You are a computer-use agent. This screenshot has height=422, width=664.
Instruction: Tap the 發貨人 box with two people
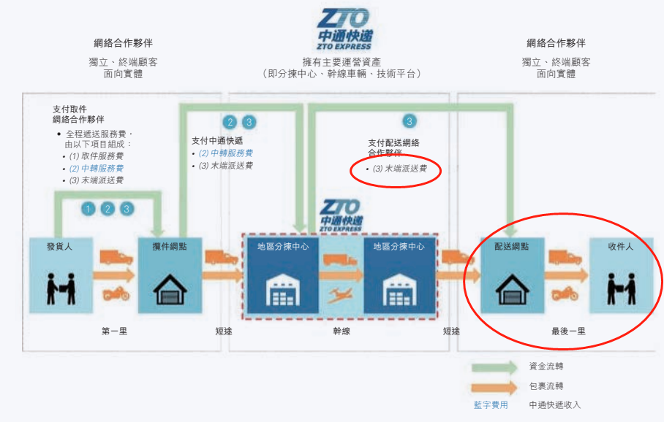[61, 275]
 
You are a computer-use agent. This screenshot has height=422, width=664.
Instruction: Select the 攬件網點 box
[170, 275]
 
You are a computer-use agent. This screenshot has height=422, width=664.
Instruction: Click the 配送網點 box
[512, 275]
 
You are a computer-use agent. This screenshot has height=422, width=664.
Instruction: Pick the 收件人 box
[621, 275]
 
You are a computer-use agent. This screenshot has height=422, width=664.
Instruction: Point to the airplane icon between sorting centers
[341, 295]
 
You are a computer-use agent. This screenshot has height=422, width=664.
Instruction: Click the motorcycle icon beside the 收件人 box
[565, 293]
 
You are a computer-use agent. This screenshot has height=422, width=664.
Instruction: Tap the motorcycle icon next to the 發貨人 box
[116, 293]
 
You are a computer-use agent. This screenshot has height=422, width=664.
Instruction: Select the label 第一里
[114, 331]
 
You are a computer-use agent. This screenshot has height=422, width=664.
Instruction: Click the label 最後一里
[568, 331]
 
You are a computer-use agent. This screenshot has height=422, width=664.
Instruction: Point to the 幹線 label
[342, 331]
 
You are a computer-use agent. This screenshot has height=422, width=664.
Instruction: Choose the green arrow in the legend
[494, 367]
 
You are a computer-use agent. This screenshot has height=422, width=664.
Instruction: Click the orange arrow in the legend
[494, 387]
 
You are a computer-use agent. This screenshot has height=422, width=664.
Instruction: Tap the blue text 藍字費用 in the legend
[491, 405]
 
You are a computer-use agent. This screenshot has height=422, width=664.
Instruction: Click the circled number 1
[88, 209]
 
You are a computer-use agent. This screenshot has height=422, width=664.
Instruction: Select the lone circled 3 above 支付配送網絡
[409, 121]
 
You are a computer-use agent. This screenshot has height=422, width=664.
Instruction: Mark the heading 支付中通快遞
[217, 140]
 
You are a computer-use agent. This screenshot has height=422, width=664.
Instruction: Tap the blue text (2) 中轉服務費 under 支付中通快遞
[226, 153]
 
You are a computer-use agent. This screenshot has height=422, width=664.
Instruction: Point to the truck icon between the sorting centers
[340, 259]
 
